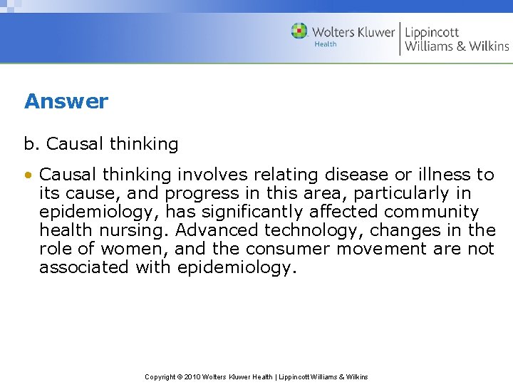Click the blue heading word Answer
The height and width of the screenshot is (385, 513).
66,101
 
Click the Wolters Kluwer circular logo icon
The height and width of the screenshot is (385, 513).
299,31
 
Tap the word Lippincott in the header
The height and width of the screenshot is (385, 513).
432,32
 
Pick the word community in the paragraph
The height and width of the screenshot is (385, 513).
431,212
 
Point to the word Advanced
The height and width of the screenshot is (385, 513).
217,230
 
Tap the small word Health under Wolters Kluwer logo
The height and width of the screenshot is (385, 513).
325,44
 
